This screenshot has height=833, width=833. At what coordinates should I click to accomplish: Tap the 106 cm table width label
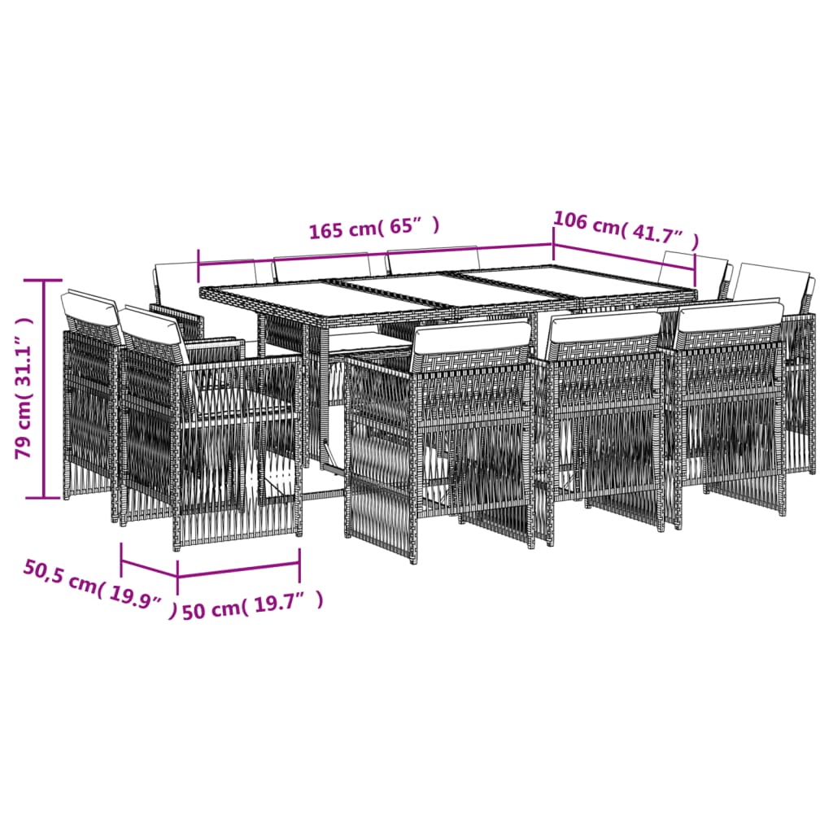626,230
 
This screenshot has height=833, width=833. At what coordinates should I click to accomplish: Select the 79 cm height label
28,389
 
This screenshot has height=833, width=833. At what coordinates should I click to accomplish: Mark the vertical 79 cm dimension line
45,389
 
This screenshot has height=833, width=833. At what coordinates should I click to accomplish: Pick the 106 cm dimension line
625,255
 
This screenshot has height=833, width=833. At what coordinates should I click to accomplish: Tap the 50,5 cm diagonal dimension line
149,568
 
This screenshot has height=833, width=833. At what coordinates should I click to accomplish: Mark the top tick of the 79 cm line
45,279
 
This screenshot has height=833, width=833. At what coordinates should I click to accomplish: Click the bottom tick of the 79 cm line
45,498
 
